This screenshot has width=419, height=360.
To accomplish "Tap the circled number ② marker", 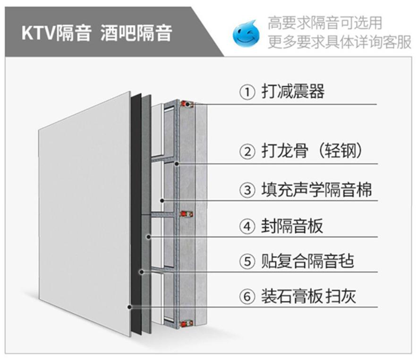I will [x=247, y=152].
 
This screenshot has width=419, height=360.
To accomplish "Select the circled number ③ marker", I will [x=247, y=190].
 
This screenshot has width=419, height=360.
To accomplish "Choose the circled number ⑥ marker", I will [x=247, y=297].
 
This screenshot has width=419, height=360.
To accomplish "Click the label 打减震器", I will [x=293, y=92].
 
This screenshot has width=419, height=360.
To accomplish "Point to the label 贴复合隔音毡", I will [x=307, y=261].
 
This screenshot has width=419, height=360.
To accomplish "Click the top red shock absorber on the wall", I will [x=188, y=104].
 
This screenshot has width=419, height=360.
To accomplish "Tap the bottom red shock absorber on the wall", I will [x=188, y=324].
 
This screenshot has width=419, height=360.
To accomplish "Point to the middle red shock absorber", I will [x=188, y=214].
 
